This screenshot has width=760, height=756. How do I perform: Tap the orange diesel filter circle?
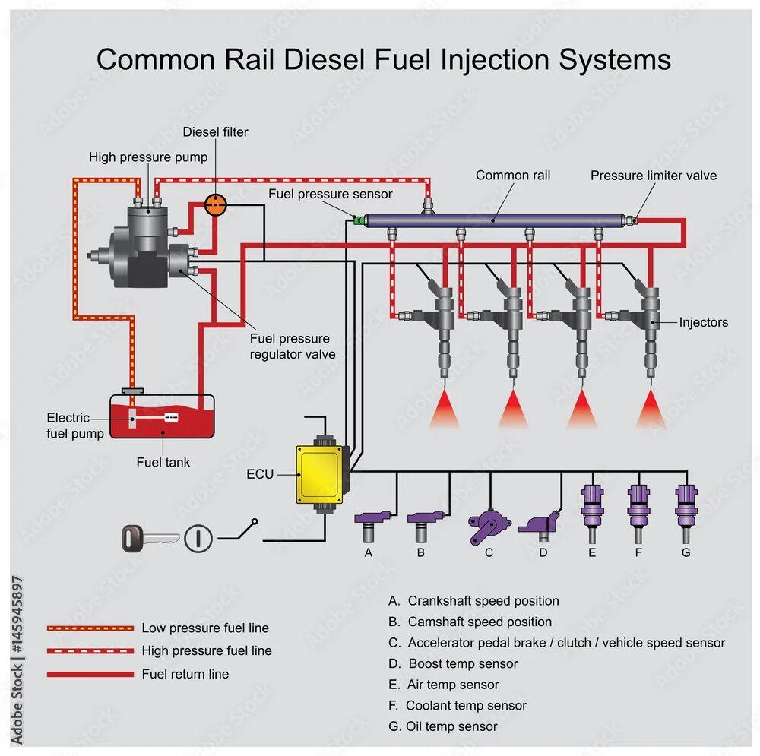(x=216, y=204)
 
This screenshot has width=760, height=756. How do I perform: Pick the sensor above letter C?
(x=483, y=524)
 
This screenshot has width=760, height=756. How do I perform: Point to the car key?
(x=148, y=539)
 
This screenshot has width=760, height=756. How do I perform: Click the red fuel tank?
(x=162, y=418)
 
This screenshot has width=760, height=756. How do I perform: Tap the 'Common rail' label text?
(x=513, y=176)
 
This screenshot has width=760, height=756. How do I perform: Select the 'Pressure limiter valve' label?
(x=654, y=176)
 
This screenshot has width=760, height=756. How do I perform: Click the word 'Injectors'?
(x=703, y=322)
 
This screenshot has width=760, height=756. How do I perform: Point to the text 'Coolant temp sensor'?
(x=466, y=706)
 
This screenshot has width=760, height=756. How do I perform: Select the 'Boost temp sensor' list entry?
(x=463, y=663)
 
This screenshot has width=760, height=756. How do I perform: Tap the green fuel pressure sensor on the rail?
(x=357, y=221)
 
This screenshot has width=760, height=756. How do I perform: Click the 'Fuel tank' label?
(x=163, y=462)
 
